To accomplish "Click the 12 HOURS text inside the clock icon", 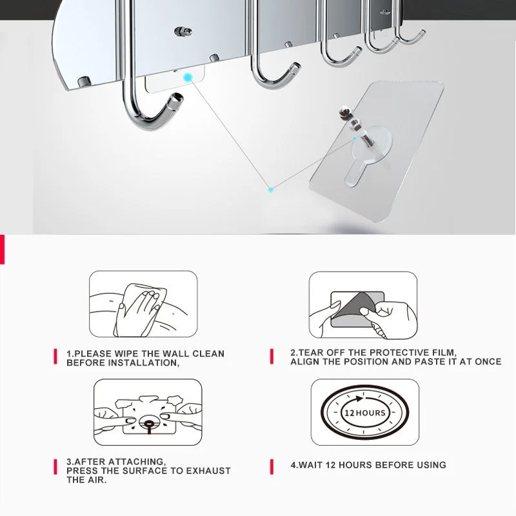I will (364, 413).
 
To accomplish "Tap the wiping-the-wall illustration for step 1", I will (143, 304).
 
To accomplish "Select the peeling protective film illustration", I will (364, 305).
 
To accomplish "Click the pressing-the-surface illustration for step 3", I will (148, 413).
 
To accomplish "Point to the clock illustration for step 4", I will (364, 413).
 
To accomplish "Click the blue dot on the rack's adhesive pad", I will (188, 78).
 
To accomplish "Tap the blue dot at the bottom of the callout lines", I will (272, 189).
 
